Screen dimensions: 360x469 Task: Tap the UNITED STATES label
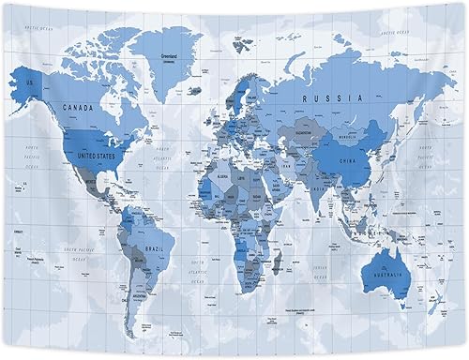click(x=98, y=156)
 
